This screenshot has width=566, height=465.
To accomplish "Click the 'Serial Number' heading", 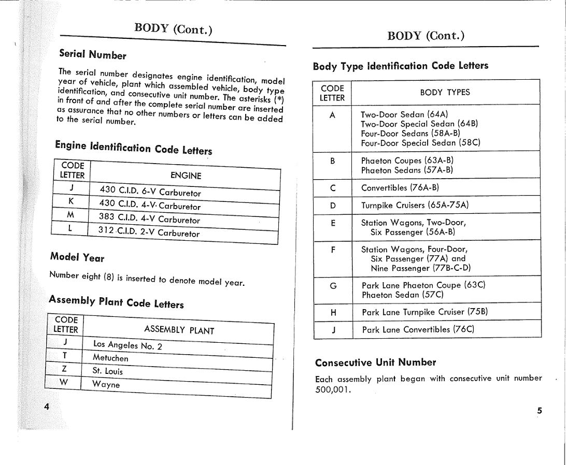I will click(x=92, y=54).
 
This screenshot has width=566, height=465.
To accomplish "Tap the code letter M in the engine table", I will click(x=70, y=214).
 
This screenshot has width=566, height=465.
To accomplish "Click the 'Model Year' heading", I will click(x=77, y=257).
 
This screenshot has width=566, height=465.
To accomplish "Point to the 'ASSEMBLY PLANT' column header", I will click(x=179, y=330).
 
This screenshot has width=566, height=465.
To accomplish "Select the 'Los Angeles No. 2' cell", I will click(x=128, y=345).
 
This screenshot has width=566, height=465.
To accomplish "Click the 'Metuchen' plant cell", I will click(x=110, y=358).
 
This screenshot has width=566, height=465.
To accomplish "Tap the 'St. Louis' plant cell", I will click(x=107, y=371).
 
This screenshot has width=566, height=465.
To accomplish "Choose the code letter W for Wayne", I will click(x=64, y=382).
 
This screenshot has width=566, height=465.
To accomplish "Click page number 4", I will click(x=47, y=406).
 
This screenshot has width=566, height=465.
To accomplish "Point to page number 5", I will click(x=539, y=411).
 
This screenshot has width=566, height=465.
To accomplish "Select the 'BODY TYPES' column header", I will click(x=445, y=92).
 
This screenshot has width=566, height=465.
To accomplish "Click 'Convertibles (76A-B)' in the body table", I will click(x=400, y=187).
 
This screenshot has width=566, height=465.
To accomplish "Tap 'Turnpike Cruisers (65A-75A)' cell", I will click(x=415, y=205).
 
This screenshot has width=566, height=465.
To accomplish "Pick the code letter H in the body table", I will click(x=333, y=312).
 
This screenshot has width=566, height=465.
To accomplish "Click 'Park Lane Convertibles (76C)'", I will click(x=418, y=329).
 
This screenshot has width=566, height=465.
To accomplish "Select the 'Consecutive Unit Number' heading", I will click(x=375, y=362).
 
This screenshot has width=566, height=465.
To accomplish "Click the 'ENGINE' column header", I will click(x=186, y=176).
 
